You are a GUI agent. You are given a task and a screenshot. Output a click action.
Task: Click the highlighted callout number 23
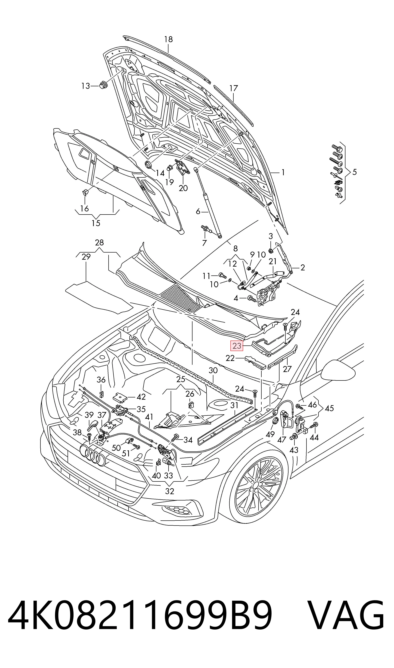237,346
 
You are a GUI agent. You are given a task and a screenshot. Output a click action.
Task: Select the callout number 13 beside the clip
85,86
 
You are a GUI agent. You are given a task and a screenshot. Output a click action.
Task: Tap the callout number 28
99,242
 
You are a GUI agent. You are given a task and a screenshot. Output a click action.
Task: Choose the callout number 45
329,408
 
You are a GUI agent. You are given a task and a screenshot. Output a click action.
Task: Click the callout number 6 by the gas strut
198,211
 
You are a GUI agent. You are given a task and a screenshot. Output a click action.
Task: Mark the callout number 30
213,370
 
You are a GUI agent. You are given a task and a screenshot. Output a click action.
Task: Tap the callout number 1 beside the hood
283,172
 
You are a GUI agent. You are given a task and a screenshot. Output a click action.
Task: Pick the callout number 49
270,434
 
